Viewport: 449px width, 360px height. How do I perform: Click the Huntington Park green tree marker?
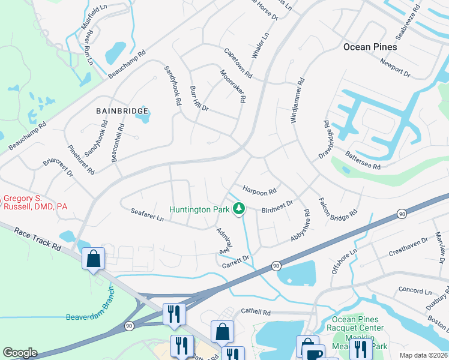tap(240, 209)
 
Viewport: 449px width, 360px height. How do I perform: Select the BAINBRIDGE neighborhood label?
tap(121, 110)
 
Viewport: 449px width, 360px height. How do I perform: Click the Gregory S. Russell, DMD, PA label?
tap(36, 202)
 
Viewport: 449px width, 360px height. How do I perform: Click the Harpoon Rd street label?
tap(259, 190)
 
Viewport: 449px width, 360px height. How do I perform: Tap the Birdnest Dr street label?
tap(277, 206)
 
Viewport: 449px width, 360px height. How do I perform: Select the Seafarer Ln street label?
tap(147, 215)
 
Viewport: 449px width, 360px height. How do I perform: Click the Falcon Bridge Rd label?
tap(337, 207)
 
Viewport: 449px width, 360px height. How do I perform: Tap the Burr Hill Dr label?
tap(199, 99)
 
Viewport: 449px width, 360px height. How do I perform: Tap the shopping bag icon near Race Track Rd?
tap(94, 259)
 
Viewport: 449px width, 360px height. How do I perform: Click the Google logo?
tap(20, 353)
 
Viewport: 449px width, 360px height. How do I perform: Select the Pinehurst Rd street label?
tap(81, 160)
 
